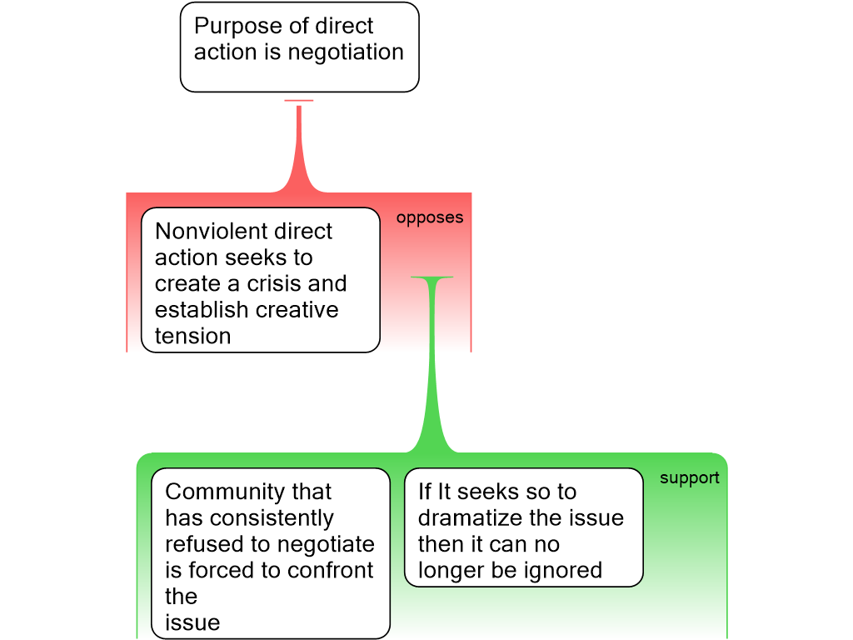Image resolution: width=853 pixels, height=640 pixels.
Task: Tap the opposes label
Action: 429,218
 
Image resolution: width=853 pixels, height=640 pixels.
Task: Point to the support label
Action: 689,478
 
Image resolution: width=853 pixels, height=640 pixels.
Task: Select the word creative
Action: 297,310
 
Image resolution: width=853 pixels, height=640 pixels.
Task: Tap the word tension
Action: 192,336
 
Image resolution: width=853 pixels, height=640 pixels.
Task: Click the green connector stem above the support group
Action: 431,367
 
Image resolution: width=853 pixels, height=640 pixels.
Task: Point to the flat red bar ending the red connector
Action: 299,101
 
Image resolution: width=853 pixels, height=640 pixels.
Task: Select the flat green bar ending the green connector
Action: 431,277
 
